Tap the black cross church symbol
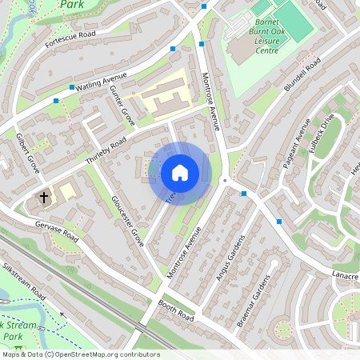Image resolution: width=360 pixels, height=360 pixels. (44, 196)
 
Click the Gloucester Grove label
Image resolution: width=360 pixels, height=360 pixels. (127, 219)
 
